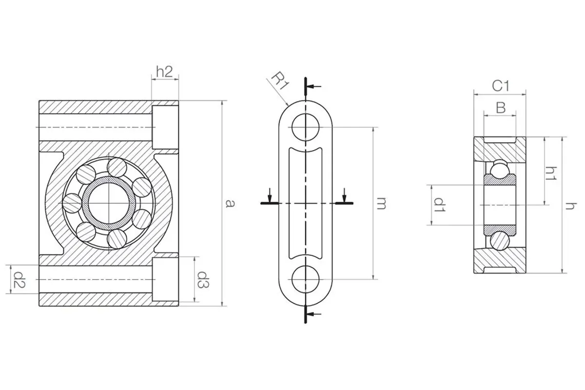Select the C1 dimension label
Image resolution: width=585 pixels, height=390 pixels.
point(500,86)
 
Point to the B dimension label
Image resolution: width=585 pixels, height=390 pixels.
point(501,107)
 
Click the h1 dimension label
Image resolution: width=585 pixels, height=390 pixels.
point(551,174)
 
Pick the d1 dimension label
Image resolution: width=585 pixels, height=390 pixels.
point(439,205)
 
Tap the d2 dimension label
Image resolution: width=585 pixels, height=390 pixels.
point(19,279)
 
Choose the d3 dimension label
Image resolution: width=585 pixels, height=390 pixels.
point(203,279)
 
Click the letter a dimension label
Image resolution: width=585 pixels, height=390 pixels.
point(230,203)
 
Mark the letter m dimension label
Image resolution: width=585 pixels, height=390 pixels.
point(381,204)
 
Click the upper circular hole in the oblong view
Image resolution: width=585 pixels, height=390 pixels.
point(305,127)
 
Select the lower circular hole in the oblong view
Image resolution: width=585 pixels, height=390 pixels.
point(305,279)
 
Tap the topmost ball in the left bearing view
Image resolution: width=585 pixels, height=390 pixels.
point(117,167)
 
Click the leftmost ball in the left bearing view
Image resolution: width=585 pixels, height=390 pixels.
point(72,203)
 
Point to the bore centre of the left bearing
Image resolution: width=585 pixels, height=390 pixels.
point(109,203)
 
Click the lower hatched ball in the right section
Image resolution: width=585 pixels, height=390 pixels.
point(500,241)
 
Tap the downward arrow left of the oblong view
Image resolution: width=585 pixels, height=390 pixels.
point(270,195)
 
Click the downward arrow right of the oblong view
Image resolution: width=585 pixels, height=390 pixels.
point(345,195)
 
